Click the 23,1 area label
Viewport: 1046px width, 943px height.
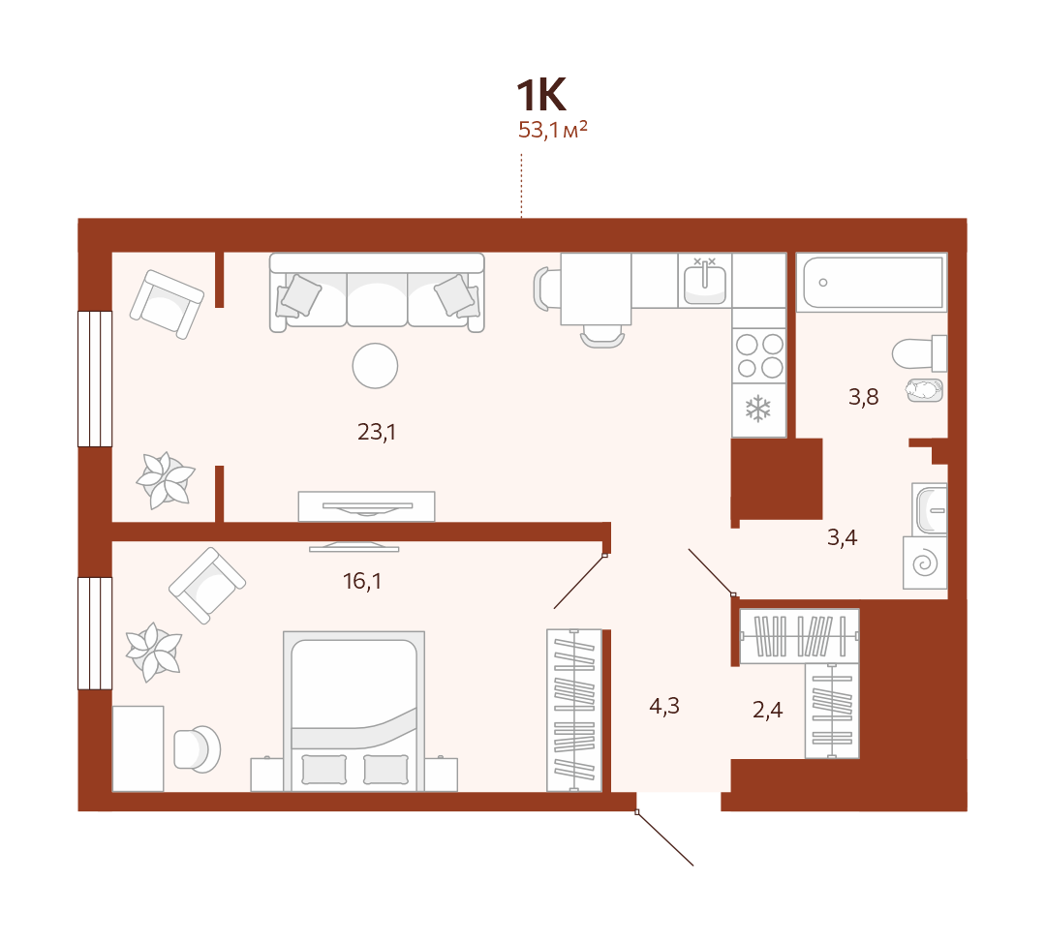[376, 432]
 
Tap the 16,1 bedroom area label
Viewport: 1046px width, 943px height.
[361, 581]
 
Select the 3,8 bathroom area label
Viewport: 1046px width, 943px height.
[863, 397]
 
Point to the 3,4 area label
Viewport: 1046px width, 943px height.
[842, 537]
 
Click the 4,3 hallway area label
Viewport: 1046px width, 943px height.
[663, 706]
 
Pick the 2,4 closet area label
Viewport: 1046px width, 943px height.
[767, 710]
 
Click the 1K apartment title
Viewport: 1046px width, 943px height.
[541, 95]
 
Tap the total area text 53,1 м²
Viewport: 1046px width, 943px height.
[552, 130]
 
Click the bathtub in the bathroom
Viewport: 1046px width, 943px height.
[872, 282]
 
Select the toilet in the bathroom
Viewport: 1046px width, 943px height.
[919, 353]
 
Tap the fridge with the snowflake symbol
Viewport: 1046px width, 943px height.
[759, 411]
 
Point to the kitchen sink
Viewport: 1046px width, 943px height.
[704, 280]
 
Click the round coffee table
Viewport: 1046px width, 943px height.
[375, 365]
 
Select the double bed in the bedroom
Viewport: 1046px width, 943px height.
[354, 711]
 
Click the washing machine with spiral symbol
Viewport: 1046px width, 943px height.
[925, 563]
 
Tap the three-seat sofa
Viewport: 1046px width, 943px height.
[377, 292]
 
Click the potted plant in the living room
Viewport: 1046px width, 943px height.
[166, 480]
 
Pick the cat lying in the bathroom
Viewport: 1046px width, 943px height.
[925, 390]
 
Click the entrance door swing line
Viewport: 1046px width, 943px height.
[665, 838]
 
